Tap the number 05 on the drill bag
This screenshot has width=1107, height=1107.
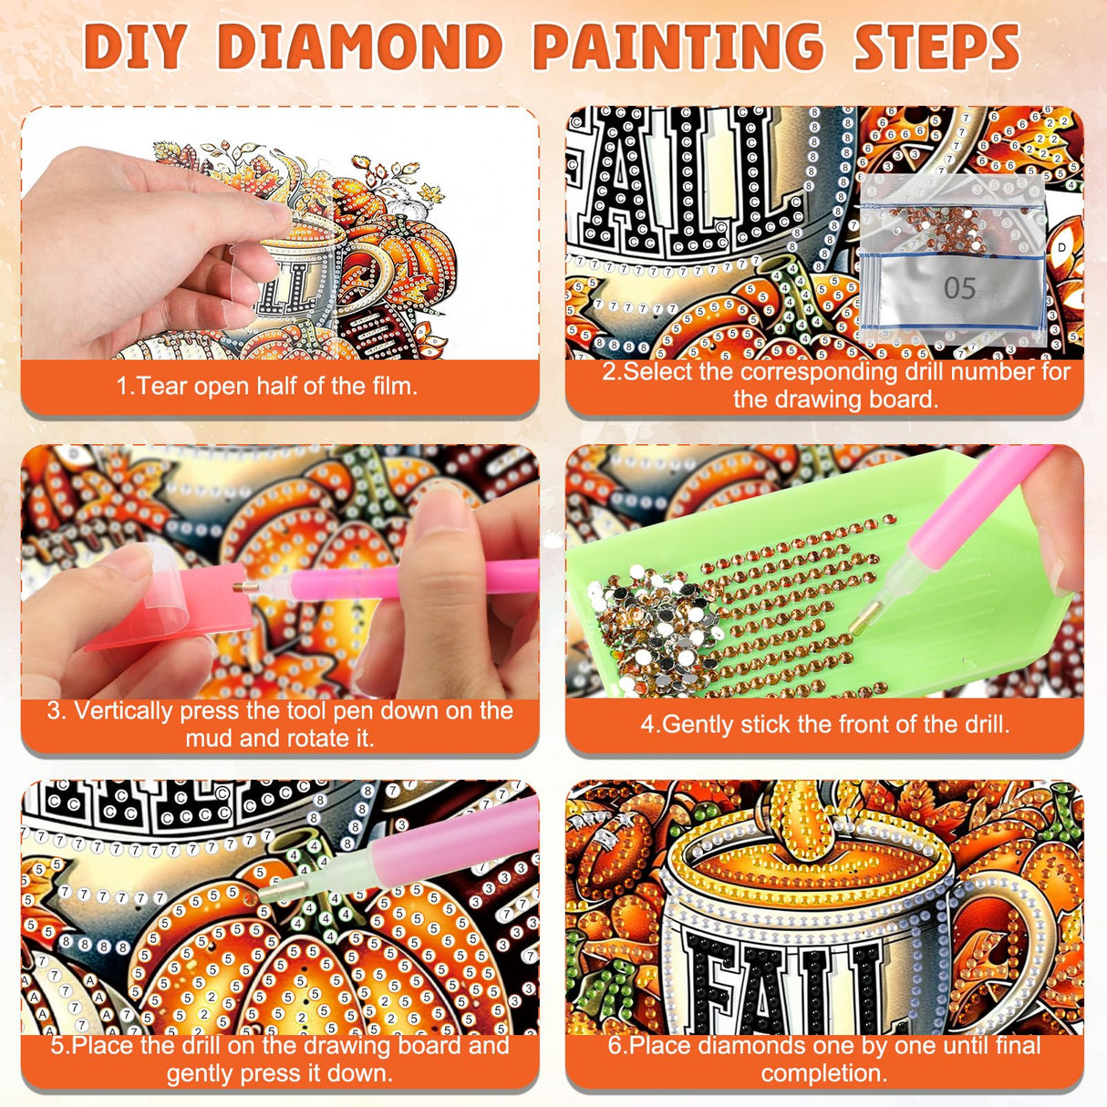tap(959, 288)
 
